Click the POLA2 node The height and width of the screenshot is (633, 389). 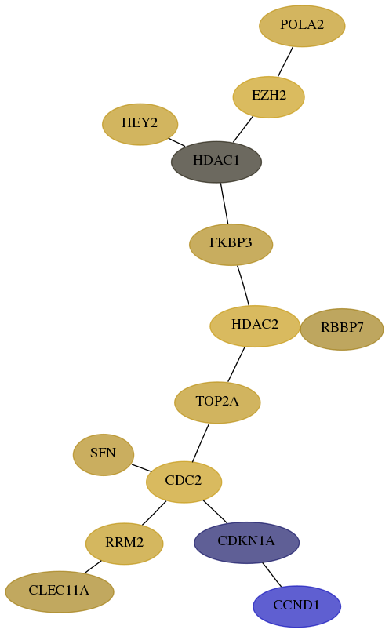tap(302, 26)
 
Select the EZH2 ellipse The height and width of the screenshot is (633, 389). tap(269, 97)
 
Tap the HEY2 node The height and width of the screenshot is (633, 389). tap(140, 124)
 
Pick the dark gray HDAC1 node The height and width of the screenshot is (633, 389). tap(216, 162)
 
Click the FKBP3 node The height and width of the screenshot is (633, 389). tap(231, 244)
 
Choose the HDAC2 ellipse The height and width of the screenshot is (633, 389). tap(255, 326)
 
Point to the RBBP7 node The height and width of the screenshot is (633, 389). tap(342, 329)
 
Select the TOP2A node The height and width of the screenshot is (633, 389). tap(217, 402)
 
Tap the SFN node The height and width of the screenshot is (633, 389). tap(104, 455)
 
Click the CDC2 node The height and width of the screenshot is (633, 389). tap(184, 482)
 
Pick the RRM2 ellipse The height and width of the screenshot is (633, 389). tap(124, 544)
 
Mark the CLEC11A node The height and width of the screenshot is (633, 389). tap(60, 591)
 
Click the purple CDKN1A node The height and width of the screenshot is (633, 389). tap(246, 542)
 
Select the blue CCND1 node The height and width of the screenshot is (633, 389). tap(296, 606)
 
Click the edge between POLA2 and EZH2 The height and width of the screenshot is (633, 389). tap(285, 61)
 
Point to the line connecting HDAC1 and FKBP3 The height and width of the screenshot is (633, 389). tap(224, 203)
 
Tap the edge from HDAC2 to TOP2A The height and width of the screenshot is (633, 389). tap(236, 364)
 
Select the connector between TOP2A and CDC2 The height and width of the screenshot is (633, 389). tap(201, 442)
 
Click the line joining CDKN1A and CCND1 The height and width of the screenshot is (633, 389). tap(271, 574)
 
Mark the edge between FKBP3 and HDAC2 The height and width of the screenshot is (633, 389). tap(243, 285)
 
